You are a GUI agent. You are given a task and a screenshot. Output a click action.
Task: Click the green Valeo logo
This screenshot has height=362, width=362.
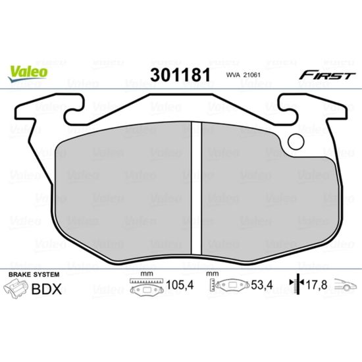click(x=28, y=74)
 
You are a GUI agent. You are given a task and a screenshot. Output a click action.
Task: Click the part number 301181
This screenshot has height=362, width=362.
click(x=180, y=75)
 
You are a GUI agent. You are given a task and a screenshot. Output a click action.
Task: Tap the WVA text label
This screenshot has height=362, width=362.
click(x=233, y=75)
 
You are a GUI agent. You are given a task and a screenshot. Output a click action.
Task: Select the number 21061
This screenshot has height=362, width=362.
click(x=251, y=75)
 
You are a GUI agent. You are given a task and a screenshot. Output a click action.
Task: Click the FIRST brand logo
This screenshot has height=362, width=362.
click(x=327, y=75)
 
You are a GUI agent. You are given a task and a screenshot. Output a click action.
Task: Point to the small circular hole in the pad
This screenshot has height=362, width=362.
click(x=296, y=142)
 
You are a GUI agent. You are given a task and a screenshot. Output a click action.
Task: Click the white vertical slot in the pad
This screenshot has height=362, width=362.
click(x=197, y=188)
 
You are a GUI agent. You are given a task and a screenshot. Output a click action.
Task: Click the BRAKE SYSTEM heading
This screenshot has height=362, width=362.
click(x=34, y=274)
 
